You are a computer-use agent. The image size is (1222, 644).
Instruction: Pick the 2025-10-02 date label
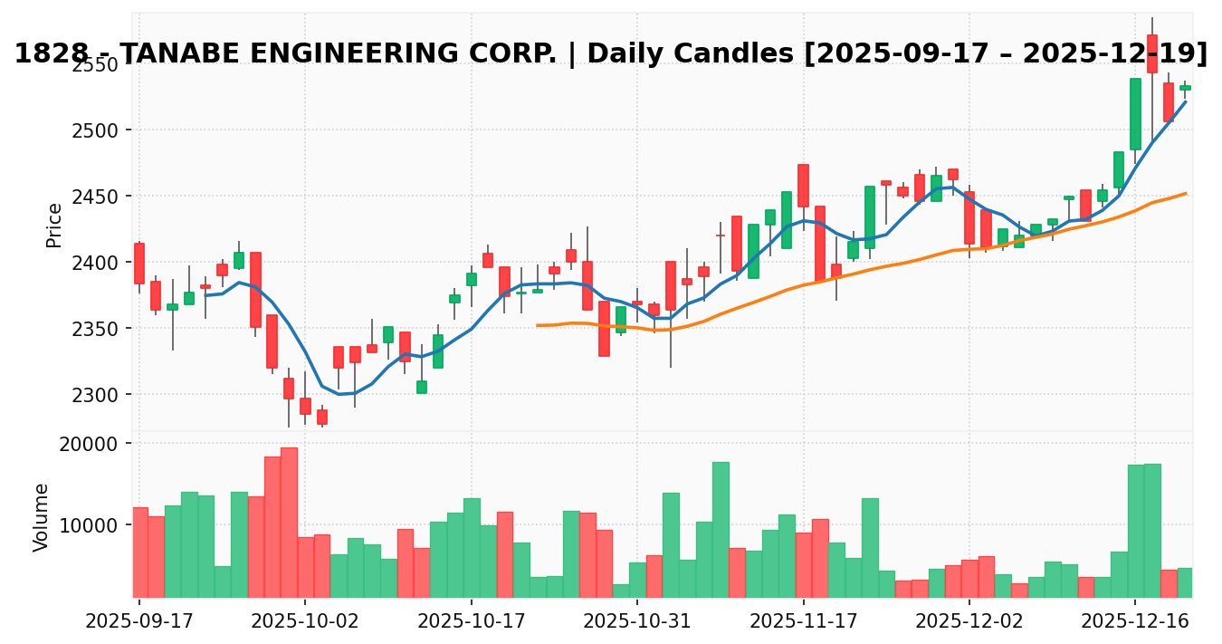tap(305, 623)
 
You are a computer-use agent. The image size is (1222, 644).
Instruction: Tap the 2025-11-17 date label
tap(804, 623)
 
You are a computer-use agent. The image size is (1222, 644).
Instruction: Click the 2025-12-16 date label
tap(1136, 623)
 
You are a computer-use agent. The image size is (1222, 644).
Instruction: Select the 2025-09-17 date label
tap(139, 623)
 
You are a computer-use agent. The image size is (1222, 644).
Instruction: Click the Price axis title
tap(54, 225)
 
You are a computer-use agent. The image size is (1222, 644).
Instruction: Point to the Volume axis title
tap(42, 516)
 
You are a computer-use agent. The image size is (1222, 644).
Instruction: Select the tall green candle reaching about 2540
tap(1135, 114)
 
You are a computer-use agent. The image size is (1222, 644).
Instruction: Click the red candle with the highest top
tap(1152, 54)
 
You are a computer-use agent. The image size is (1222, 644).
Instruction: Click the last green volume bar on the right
tap(1185, 582)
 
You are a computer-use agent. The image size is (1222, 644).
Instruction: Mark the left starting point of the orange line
tap(538, 325)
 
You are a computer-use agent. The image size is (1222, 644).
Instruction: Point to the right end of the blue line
tap(1186, 101)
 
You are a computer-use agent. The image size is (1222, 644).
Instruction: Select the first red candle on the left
tap(139, 264)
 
